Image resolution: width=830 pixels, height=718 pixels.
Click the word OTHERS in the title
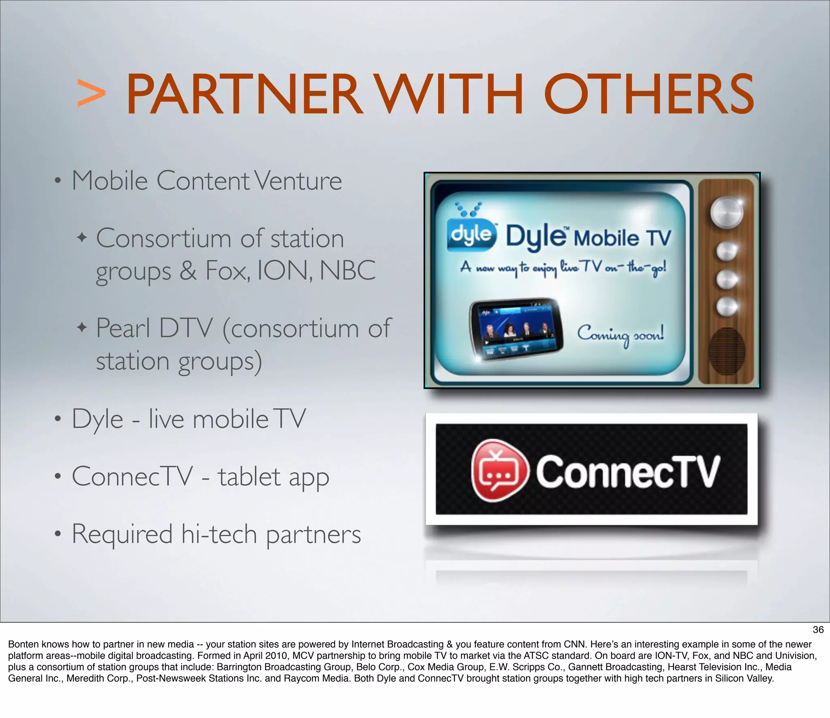coord(648,94)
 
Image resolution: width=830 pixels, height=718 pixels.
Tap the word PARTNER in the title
coord(243,94)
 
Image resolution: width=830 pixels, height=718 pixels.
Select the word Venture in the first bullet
coord(298,181)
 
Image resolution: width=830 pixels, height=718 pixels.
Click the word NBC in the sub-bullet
coord(348,271)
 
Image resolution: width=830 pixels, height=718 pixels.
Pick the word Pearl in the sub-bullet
coord(123,328)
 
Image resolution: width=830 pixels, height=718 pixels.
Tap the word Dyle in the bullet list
coord(97,420)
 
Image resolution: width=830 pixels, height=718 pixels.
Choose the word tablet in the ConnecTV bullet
coord(249,477)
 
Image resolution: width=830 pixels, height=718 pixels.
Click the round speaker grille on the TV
coord(727,351)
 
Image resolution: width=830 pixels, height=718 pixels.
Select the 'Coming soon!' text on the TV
coord(620,335)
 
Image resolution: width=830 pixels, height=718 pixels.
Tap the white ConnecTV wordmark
coord(628,472)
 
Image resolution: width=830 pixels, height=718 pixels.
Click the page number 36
coord(818,630)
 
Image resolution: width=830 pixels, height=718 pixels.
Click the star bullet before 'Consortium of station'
coord(82,237)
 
